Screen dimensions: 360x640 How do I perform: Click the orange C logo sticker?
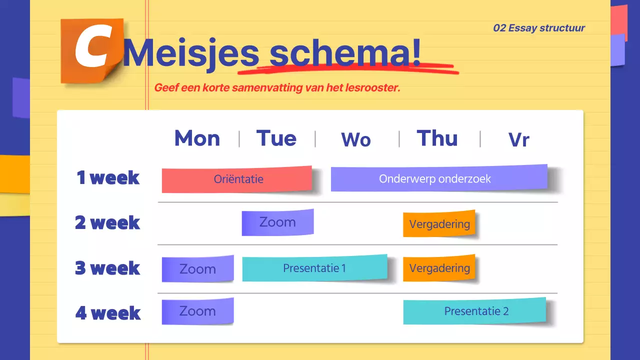click(x=91, y=50)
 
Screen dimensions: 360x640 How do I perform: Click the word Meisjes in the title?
click(x=191, y=52)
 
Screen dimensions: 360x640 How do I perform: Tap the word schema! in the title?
click(x=345, y=52)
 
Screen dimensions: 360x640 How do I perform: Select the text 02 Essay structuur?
click(x=539, y=28)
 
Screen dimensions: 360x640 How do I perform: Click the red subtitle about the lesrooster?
click(x=277, y=88)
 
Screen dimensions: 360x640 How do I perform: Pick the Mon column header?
click(x=197, y=138)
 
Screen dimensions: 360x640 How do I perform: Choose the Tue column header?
click(x=276, y=138)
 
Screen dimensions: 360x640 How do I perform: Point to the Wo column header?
click(x=356, y=140)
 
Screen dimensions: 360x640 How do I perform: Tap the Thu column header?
click(x=437, y=138)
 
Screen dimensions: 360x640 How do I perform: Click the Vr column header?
click(x=518, y=140)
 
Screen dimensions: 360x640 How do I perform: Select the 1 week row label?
click(x=108, y=177)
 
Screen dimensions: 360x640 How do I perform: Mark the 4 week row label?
click(x=108, y=313)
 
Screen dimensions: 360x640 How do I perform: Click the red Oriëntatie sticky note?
click(x=237, y=179)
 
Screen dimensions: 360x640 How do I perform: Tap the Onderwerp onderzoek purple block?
click(x=438, y=178)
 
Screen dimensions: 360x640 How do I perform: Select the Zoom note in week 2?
click(x=277, y=222)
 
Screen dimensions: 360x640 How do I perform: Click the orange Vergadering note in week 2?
click(x=439, y=224)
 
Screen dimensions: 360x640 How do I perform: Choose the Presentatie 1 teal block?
click(x=314, y=268)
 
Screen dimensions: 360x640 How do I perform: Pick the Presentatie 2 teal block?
click(x=474, y=311)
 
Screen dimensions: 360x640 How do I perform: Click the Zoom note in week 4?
click(x=197, y=311)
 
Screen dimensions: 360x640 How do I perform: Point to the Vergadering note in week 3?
click(x=439, y=268)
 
